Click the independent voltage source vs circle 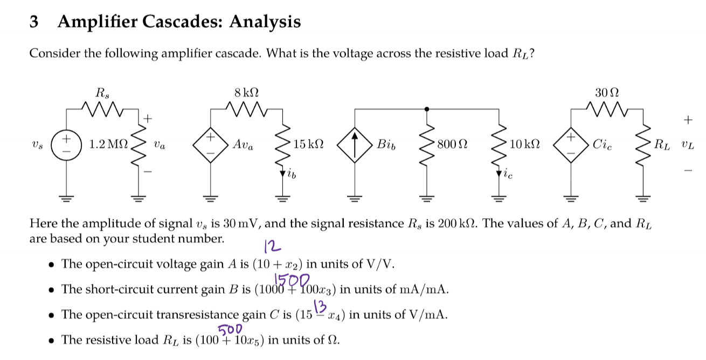pyautogui.click(x=67, y=144)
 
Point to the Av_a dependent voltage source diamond pyautogui.click(x=210, y=144)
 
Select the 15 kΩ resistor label pyautogui.click(x=309, y=144)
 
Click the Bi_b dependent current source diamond pyautogui.click(x=354, y=144)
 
